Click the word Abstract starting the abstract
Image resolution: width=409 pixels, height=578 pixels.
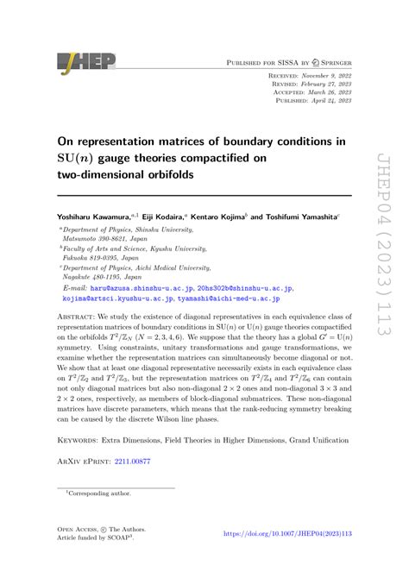[x=83, y=293]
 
